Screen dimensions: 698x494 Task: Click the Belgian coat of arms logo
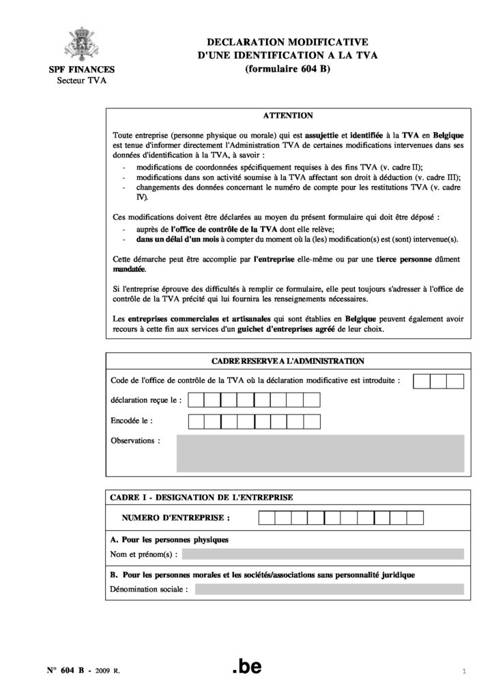coord(81,44)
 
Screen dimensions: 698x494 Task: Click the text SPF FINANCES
coord(81,70)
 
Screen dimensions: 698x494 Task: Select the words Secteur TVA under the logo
coord(81,80)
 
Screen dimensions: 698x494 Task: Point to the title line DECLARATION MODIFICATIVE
coord(287,43)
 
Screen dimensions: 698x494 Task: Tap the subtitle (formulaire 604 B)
coord(287,69)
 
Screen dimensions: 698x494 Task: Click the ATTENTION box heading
coord(287,116)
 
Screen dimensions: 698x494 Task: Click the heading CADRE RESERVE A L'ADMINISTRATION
coord(287,361)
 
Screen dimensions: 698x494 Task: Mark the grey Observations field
coord(320,453)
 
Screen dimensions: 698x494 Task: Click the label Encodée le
coord(132,421)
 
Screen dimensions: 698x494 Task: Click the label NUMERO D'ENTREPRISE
coord(175,518)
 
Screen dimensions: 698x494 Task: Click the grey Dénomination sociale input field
coord(329,589)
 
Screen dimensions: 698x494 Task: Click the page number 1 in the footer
coord(463,672)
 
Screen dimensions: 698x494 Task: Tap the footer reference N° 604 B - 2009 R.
coord(79,671)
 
